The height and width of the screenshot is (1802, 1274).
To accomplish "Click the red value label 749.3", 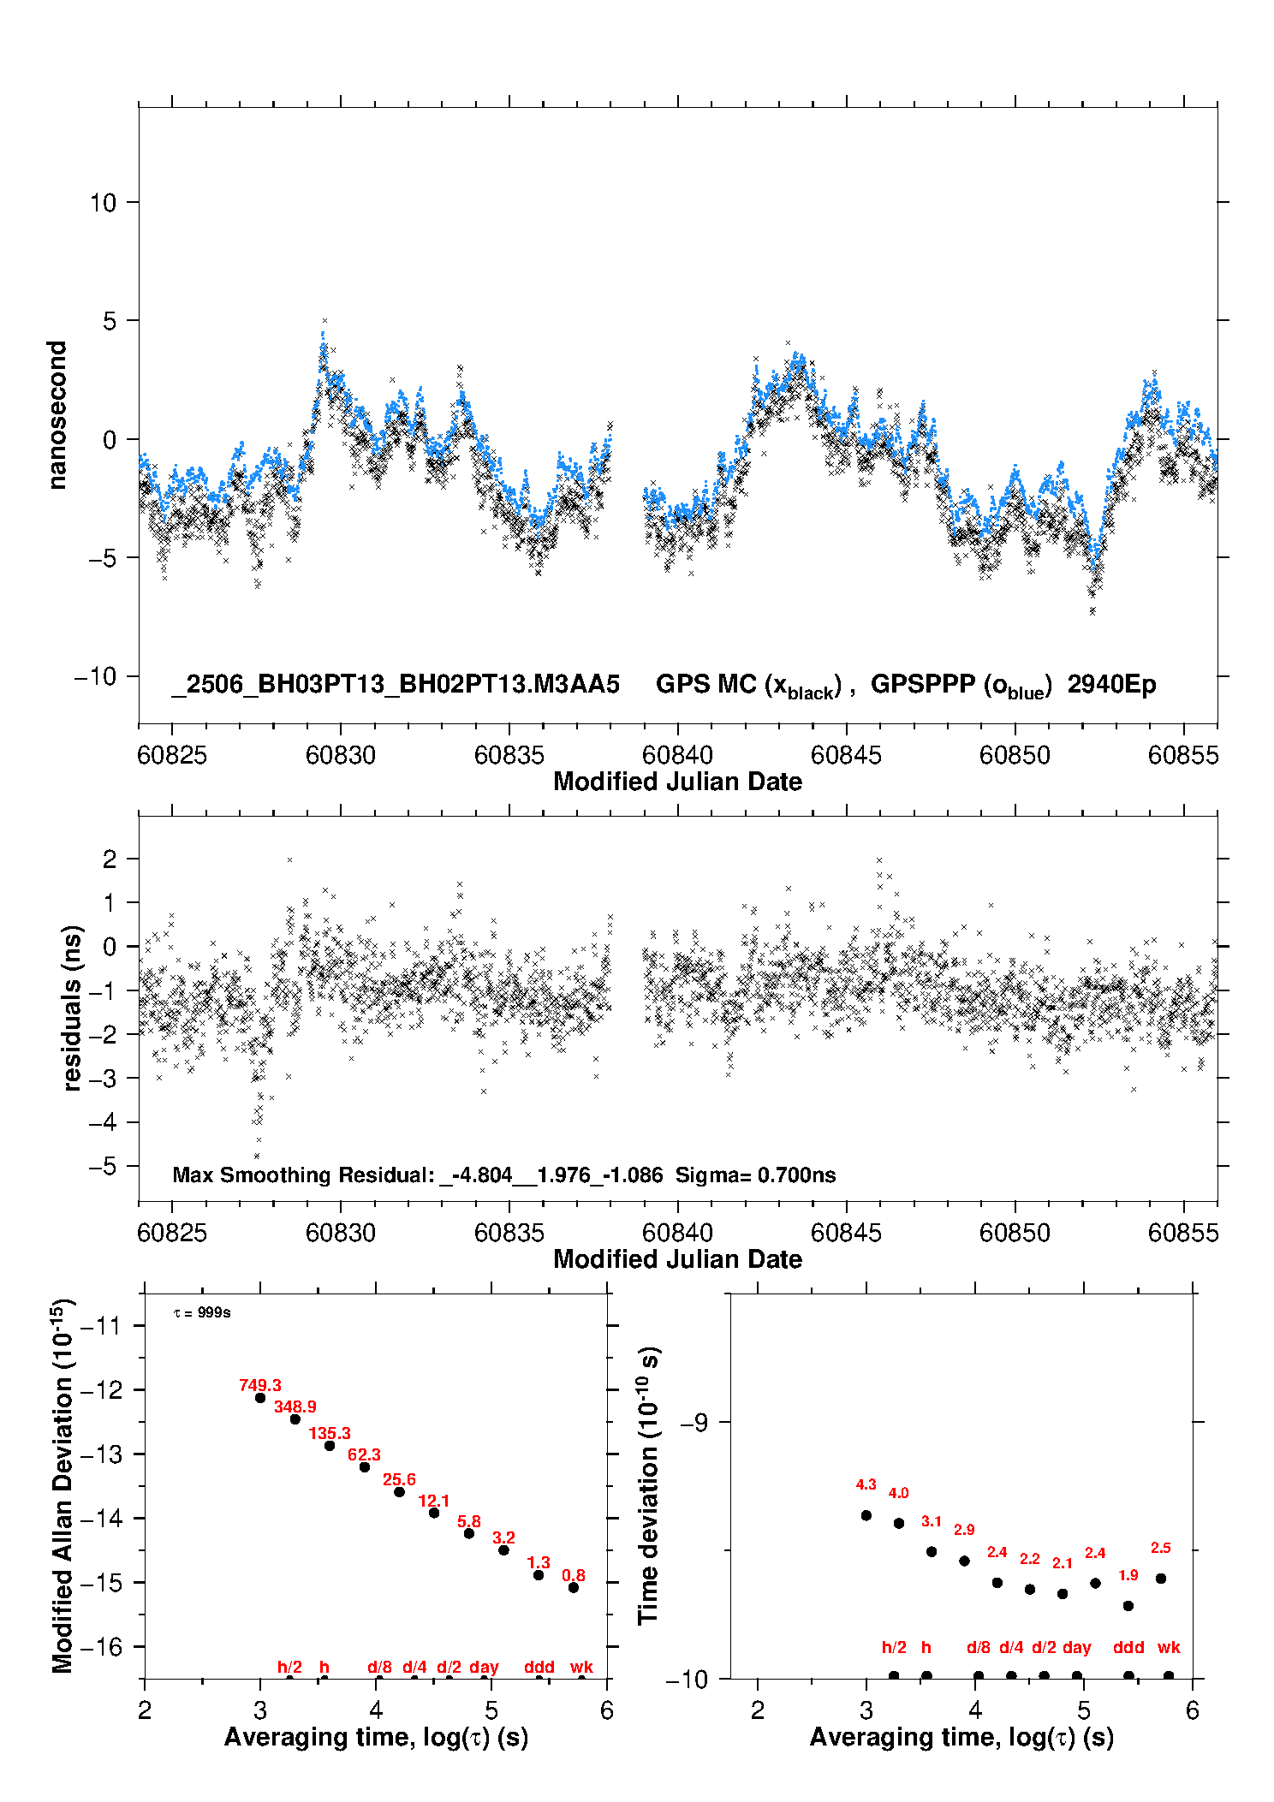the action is tap(260, 1385).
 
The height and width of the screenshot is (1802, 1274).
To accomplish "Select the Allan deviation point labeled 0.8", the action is tap(574, 1587).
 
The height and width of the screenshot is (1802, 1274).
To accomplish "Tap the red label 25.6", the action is tap(399, 1479).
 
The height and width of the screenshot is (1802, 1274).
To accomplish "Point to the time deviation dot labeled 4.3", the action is tap(866, 1515).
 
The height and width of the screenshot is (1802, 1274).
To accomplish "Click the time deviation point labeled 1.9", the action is tap(1128, 1606).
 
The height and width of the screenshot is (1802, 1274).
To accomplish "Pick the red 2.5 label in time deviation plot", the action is tap(1161, 1548).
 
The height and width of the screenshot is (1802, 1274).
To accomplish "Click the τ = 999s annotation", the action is tap(202, 1312).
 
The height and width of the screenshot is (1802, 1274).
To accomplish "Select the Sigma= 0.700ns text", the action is tap(755, 1175).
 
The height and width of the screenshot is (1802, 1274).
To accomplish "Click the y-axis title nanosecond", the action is tap(57, 415).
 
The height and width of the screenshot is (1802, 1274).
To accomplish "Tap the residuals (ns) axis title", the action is tap(72, 1008).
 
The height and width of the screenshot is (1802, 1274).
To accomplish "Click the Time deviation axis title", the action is tap(648, 1485).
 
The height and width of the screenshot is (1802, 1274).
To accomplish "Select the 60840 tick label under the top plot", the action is tap(677, 755).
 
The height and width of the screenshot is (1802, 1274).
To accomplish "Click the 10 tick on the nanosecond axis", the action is tap(103, 203).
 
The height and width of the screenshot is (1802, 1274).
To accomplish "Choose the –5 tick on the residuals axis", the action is tap(103, 1166).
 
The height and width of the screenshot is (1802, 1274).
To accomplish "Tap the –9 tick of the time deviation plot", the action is tap(694, 1423).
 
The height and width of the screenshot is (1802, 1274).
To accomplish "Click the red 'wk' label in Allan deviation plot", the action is tap(581, 1667).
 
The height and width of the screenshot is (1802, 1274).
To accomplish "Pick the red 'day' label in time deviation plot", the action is tap(1077, 1648).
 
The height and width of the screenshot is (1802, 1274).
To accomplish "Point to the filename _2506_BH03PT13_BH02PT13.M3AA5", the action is tap(396, 685).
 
